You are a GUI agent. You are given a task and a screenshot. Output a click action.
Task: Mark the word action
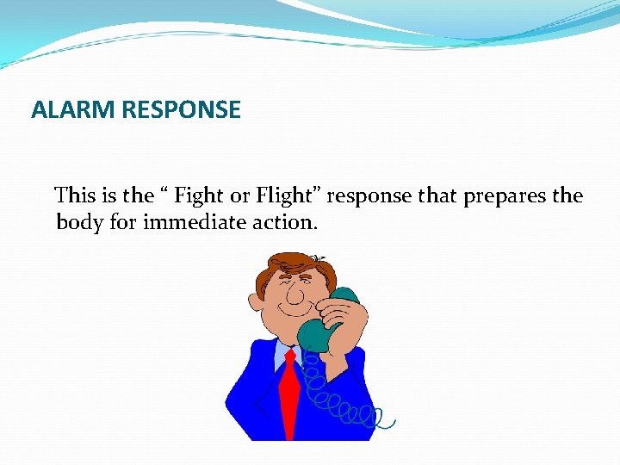284,223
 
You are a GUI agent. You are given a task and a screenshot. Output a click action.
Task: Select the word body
77,223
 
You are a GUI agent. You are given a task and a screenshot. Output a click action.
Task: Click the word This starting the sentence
76,196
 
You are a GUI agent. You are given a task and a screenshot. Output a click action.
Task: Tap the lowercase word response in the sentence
371,196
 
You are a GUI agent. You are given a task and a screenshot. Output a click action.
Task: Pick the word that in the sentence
437,196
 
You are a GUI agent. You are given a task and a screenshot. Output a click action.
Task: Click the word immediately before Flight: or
243,196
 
